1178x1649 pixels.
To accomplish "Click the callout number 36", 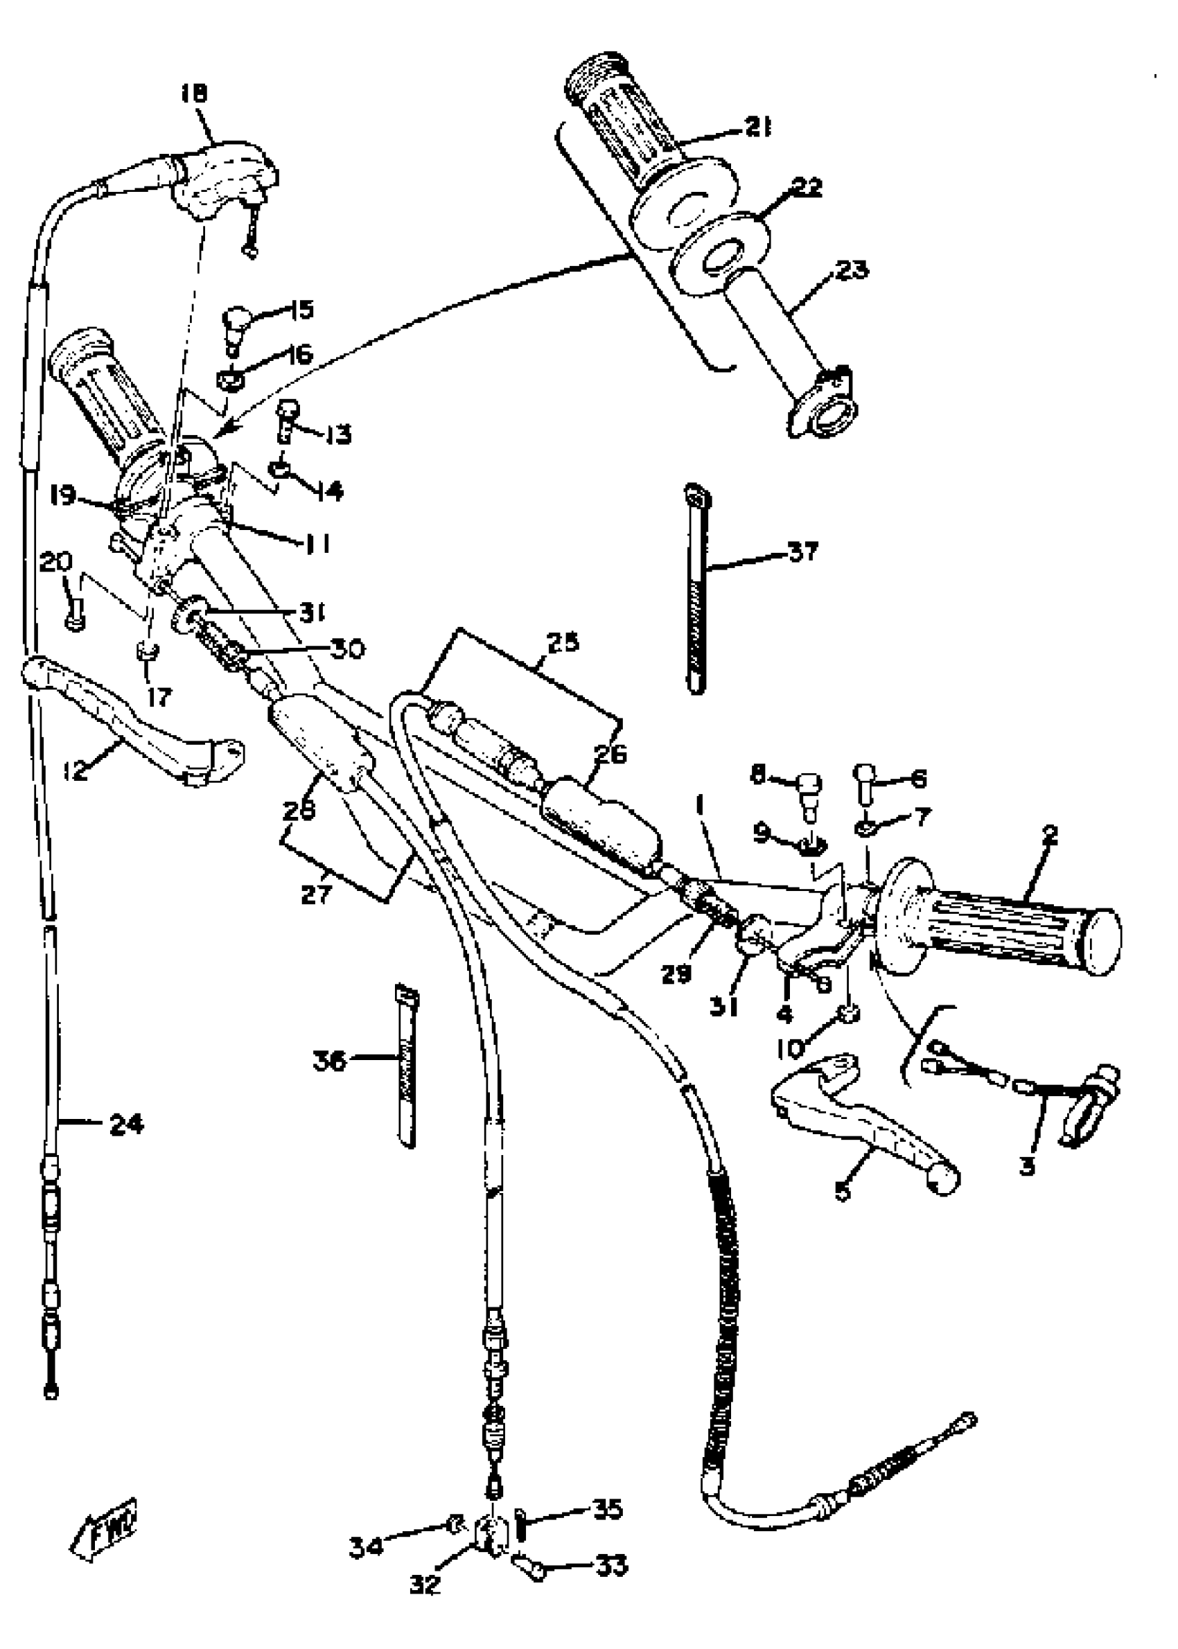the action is tap(331, 1061).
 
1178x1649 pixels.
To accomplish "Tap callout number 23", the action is tap(852, 270).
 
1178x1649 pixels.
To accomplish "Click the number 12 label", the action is tap(75, 770).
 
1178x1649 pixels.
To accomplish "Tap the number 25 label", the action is tap(563, 642).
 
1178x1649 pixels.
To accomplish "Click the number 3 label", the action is tap(1027, 1167).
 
